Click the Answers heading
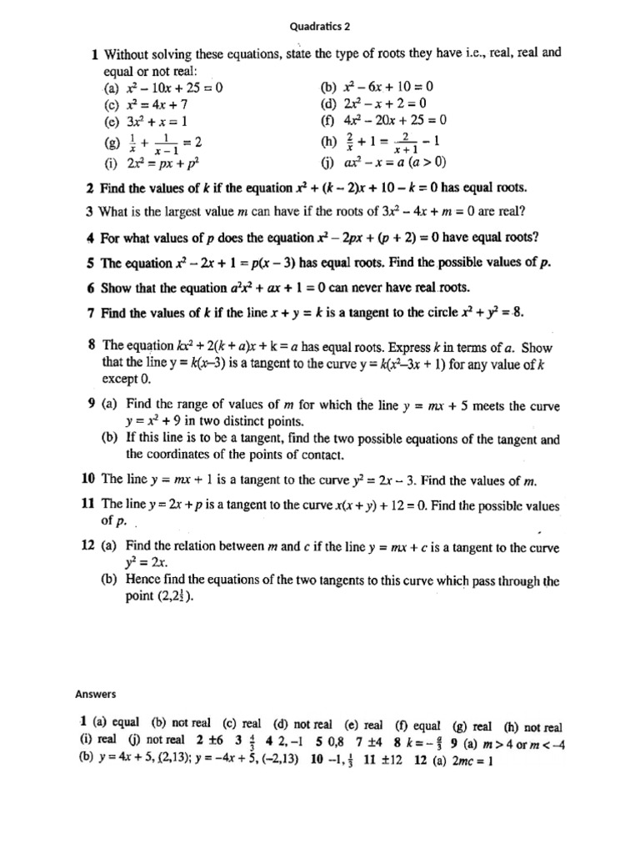coord(97,693)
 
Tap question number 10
coord(88,480)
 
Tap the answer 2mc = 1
coord(471,760)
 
